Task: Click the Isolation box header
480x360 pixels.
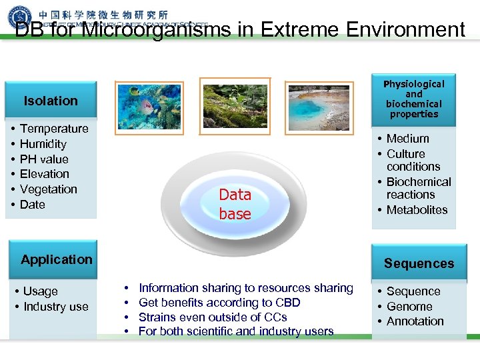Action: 51,101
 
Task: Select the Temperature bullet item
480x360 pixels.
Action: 54,129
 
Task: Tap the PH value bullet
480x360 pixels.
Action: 44,159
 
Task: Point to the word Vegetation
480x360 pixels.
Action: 48,189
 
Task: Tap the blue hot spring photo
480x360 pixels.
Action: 318,107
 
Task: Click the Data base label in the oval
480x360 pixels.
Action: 235,204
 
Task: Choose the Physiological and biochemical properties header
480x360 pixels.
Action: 413,99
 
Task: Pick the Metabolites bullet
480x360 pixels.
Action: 417,210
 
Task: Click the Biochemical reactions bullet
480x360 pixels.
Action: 418,188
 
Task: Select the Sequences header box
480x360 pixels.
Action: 419,263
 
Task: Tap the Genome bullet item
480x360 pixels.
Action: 409,307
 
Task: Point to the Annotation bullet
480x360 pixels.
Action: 415,321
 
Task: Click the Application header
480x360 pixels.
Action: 57,259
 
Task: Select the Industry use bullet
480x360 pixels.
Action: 55,307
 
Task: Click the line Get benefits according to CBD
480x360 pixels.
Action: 219,303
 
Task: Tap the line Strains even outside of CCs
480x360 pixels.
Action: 213,317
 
